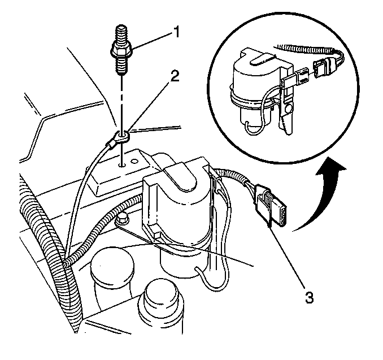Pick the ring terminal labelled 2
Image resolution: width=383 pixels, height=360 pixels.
click(x=120, y=136)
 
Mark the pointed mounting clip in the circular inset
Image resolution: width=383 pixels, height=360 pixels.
click(x=288, y=122)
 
